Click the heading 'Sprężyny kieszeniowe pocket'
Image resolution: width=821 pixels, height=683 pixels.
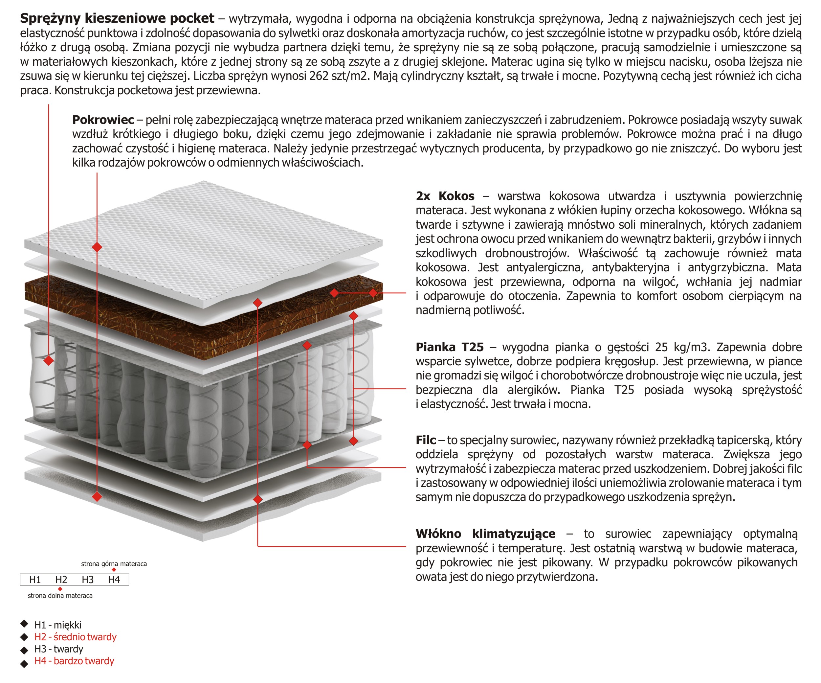pyautogui.click(x=117, y=18)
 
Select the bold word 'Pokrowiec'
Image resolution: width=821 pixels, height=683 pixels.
pyautogui.click(x=103, y=120)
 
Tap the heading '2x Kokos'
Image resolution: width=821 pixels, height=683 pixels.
pyautogui.click(x=445, y=196)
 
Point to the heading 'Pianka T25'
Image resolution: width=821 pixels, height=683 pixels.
pyautogui.click(x=450, y=347)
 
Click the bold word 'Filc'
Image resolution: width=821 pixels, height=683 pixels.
pyautogui.click(x=425, y=440)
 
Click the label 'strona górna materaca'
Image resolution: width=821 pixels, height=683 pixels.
pyautogui.click(x=114, y=564)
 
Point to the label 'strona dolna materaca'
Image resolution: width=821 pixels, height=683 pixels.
pyautogui.click(x=60, y=596)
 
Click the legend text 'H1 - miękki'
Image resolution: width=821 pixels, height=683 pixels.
pyautogui.click(x=58, y=625)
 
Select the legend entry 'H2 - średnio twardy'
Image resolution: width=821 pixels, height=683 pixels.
pyautogui.click(x=76, y=637)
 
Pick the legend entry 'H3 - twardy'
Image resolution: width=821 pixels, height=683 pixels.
pyautogui.click(x=59, y=649)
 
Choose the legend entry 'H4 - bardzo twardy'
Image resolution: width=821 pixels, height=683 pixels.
pyautogui.click(x=74, y=661)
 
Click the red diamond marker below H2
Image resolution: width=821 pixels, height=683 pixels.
pyautogui.click(x=60, y=589)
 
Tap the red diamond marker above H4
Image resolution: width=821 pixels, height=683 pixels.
pyautogui.click(x=114, y=570)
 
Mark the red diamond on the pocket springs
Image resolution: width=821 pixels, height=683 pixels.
pyautogui.click(x=49, y=360)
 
